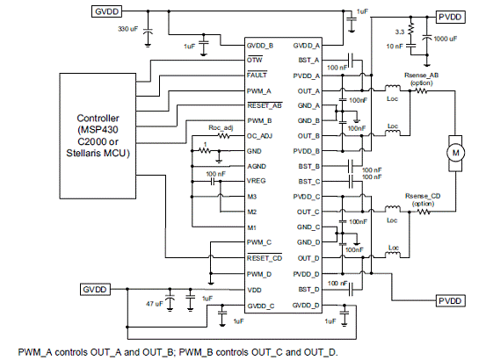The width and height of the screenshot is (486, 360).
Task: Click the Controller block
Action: pyautogui.click(x=98, y=135)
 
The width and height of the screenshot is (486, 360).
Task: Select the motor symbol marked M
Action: pyautogui.click(x=455, y=153)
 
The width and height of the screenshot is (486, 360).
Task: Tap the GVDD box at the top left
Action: pyautogui.click(x=106, y=11)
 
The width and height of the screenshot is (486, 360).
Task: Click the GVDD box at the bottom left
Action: pyautogui.click(x=95, y=290)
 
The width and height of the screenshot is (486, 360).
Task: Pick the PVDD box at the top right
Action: pyautogui.click(x=451, y=17)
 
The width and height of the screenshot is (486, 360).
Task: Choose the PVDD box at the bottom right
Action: pyautogui.click(x=451, y=300)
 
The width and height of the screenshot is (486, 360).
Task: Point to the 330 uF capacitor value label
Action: pyautogui.click(x=127, y=29)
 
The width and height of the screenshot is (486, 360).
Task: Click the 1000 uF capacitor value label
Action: pyautogui.click(x=446, y=39)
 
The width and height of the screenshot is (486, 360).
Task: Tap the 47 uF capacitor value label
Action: pyautogui.click(x=154, y=304)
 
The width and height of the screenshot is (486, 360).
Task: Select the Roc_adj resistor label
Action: pyautogui.click(x=221, y=128)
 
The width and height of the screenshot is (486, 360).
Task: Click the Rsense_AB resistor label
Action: pyautogui.click(x=421, y=76)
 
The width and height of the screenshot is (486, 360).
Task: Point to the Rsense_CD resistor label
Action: pyautogui.click(x=423, y=196)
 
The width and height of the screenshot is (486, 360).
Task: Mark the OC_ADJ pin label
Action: pyautogui.click(x=259, y=136)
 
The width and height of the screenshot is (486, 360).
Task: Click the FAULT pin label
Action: pyautogui.click(x=257, y=75)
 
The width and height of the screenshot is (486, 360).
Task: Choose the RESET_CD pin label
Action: pyautogui.click(x=265, y=258)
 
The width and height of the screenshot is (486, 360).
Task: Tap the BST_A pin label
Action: pyautogui.click(x=308, y=60)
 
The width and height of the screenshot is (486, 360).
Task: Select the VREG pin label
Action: pyautogui.click(x=257, y=181)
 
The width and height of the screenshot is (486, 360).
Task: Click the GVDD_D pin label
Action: pyautogui.click(x=306, y=306)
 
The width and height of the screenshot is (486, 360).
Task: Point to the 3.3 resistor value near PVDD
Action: pyautogui.click(x=400, y=32)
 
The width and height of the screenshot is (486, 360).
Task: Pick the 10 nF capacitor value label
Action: pyautogui.click(x=395, y=47)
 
